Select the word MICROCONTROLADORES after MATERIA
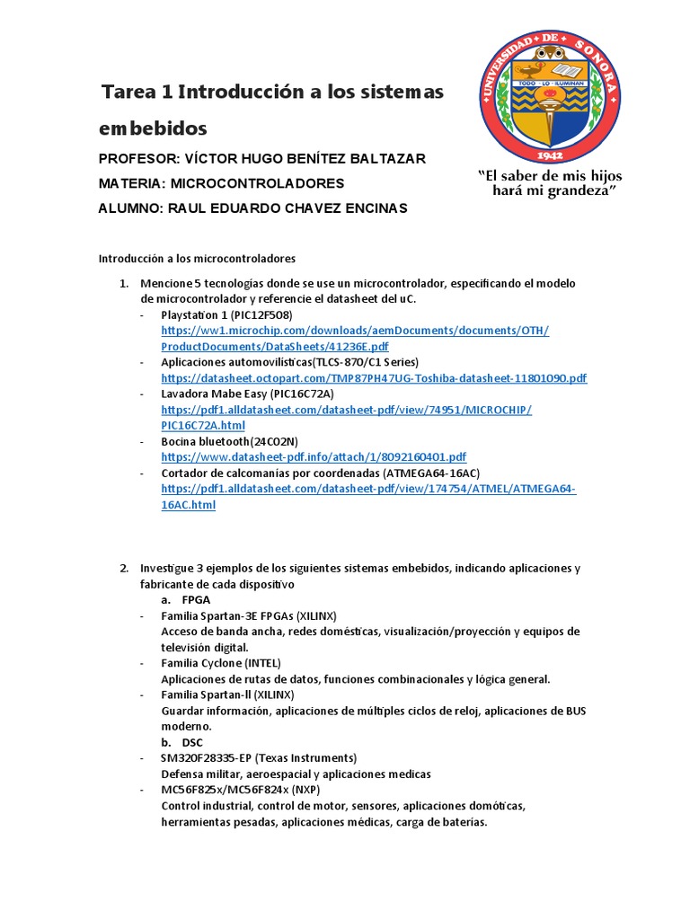tap(257, 183)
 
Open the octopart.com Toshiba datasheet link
tap(374, 378)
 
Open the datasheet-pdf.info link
tap(314, 457)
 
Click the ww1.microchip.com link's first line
tap(355, 331)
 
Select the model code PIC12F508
tap(261, 315)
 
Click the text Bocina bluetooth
tap(205, 441)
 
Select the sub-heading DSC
tap(192, 742)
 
